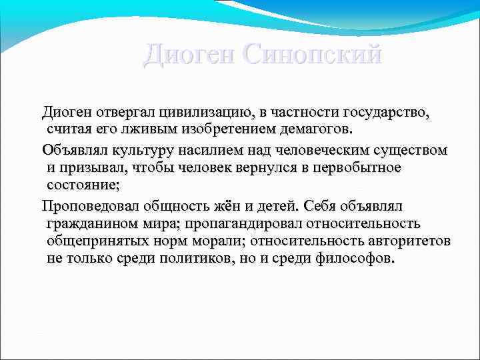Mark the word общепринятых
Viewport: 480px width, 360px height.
click(x=95, y=241)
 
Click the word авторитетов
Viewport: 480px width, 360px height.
click(x=405, y=241)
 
